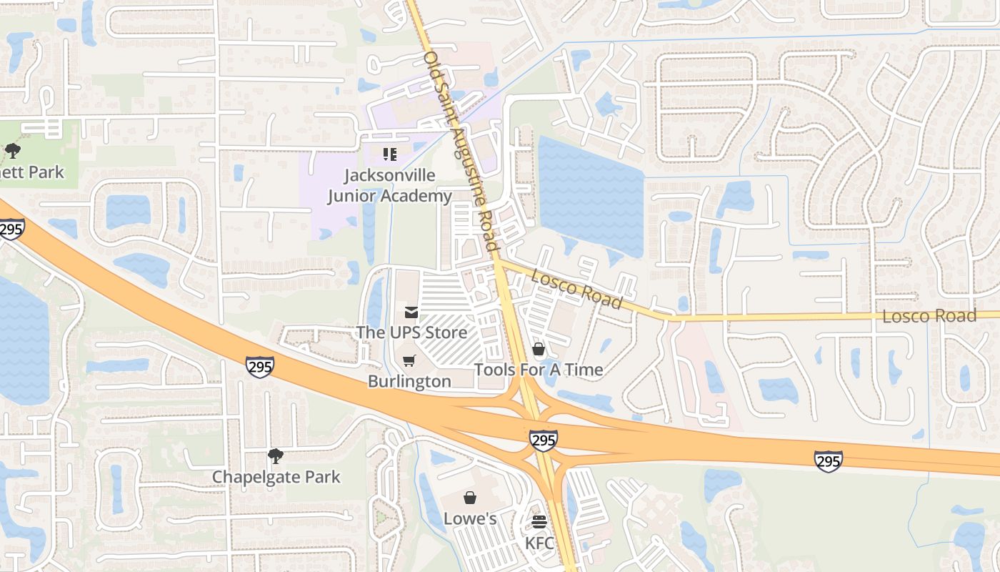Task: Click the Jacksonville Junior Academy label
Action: pyautogui.click(x=389, y=185)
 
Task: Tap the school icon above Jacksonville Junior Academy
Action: pyautogui.click(x=389, y=154)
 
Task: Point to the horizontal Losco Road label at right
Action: pyautogui.click(x=929, y=316)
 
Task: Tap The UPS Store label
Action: pyautogui.click(x=411, y=332)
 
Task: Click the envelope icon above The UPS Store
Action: pyautogui.click(x=411, y=312)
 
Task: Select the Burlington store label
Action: pyautogui.click(x=409, y=381)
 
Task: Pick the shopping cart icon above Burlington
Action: pyautogui.click(x=409, y=361)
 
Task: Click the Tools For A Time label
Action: pyautogui.click(x=539, y=370)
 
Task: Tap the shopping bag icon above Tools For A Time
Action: pyautogui.click(x=539, y=349)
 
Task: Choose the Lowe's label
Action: pyautogui.click(x=470, y=518)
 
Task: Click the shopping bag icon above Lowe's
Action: pyautogui.click(x=470, y=498)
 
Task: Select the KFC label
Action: pyautogui.click(x=539, y=543)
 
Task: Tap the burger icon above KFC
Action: pyautogui.click(x=539, y=522)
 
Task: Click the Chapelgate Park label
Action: pyautogui.click(x=276, y=477)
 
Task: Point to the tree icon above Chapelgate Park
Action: pyautogui.click(x=276, y=455)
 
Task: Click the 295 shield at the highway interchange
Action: pyautogui.click(x=544, y=440)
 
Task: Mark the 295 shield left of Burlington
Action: pyautogui.click(x=259, y=367)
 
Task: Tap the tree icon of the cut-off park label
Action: pyautogui.click(x=12, y=151)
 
